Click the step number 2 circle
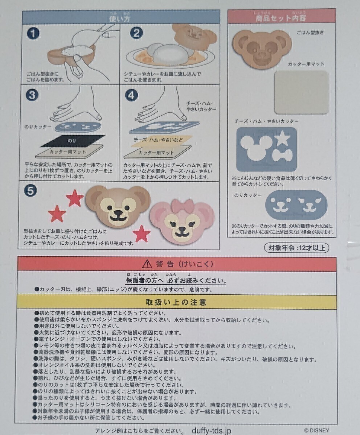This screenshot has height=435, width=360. (136, 33)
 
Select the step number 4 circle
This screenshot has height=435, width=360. (131, 95)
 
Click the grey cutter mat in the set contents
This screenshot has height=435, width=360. (301, 92)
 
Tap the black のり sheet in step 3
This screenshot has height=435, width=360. (72, 140)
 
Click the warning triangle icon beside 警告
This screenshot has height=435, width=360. (147, 264)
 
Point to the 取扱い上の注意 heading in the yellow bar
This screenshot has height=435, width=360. (176, 302)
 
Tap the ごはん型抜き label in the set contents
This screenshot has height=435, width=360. (310, 33)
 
